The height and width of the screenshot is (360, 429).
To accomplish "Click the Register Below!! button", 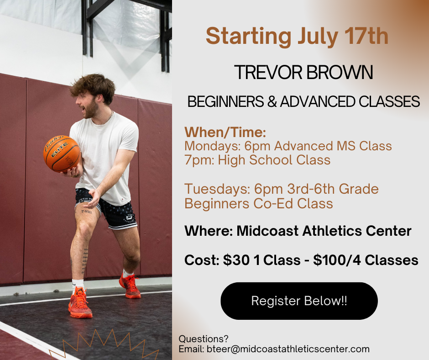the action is pos(299,301).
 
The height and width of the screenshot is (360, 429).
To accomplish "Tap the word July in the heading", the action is pos(317,37).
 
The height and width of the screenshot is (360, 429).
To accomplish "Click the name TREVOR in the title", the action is pos(268,73).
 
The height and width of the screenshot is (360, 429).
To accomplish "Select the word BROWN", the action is pos(340,73).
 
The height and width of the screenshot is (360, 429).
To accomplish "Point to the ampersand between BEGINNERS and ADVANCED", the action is pos(272,101).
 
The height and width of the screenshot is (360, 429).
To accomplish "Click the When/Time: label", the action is pos(225,132).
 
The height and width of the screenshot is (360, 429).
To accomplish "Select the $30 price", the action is pos(236,260).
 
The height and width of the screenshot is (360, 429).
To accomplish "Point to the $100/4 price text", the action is pos(337,260).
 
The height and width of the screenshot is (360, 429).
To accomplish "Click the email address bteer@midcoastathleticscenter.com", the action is pos(288,349).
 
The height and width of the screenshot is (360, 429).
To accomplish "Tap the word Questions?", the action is pos(203,339).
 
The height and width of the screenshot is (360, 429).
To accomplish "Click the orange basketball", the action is pos(62,154).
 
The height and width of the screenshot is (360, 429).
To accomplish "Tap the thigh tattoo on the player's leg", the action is pos(86,212).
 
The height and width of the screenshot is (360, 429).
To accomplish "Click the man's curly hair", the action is pos(94,86).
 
